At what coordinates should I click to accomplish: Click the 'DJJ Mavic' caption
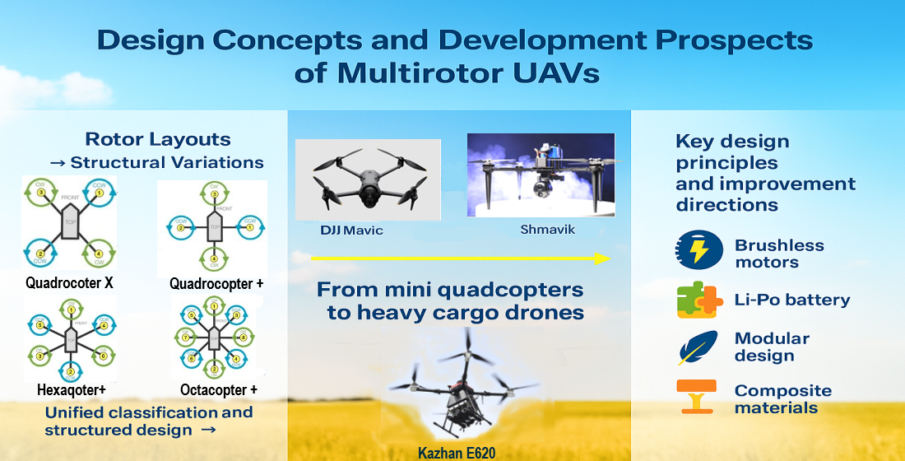coord(351,230)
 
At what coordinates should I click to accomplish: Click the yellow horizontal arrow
coord(461,258)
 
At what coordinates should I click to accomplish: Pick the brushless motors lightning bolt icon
coord(695,250)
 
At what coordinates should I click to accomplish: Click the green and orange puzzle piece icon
coord(695,300)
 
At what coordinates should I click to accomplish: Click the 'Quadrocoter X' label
coord(67,283)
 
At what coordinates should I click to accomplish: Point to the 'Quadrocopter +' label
coord(216,283)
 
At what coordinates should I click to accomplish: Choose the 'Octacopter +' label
coord(219,389)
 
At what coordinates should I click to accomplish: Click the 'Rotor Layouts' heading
coord(158,139)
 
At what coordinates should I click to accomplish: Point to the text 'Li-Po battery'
coord(792,300)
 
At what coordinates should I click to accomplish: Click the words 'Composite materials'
coord(782,398)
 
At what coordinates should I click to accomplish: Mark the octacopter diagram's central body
coord(213,338)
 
